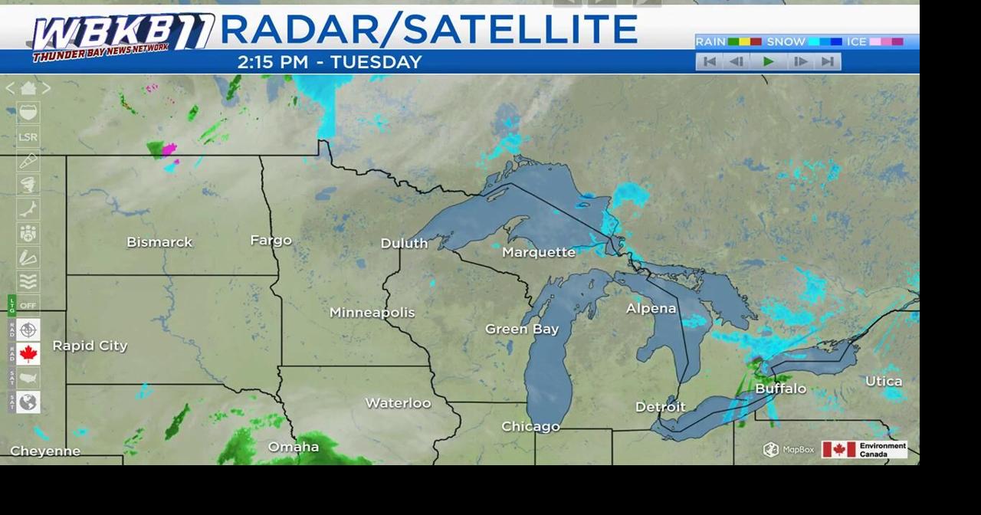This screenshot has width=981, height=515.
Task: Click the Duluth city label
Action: (x=404, y=243)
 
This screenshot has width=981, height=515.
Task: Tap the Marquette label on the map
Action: (x=538, y=252)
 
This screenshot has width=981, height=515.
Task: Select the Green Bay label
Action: (x=521, y=329)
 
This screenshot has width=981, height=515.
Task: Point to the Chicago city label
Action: (x=530, y=427)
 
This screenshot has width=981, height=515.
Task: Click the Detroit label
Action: (x=660, y=407)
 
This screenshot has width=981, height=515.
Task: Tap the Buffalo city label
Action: (x=780, y=389)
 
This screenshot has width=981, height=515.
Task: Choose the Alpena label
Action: (x=651, y=308)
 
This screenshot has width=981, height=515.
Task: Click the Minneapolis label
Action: (x=372, y=312)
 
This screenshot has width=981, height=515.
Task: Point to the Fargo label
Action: (x=271, y=240)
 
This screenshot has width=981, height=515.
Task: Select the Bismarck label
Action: (x=159, y=242)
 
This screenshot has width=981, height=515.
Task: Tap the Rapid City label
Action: (x=90, y=346)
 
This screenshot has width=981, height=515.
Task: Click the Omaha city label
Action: (x=293, y=447)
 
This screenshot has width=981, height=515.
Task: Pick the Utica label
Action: (x=884, y=381)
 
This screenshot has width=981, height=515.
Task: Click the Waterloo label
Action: (x=398, y=402)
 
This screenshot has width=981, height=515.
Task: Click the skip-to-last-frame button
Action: (x=828, y=62)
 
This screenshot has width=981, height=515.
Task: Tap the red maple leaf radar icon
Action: (x=28, y=354)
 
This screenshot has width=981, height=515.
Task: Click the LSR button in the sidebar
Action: (x=28, y=137)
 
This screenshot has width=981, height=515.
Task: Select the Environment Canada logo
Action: (x=864, y=450)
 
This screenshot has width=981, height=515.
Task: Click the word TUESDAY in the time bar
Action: (x=376, y=62)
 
